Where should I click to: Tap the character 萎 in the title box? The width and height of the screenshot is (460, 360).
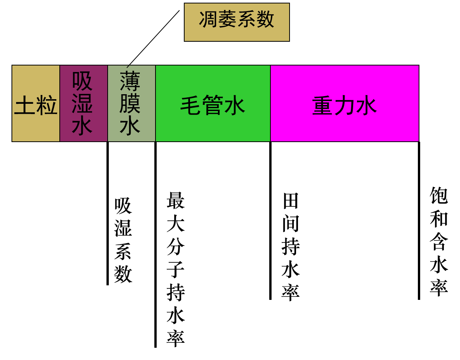tap(227, 20)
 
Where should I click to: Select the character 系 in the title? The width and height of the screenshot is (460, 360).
tap(246, 20)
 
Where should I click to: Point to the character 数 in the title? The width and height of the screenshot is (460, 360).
tap(265, 20)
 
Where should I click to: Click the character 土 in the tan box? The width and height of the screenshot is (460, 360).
tap(25, 106)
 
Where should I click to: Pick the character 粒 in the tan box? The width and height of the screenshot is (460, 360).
tap(47, 106)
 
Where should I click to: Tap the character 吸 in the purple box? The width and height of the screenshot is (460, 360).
tap(82, 81)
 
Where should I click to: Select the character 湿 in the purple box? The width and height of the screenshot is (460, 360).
tap(82, 103)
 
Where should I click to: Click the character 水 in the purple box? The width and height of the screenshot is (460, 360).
tap(82, 126)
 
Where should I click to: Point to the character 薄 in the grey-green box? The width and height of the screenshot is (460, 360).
tap(130, 81)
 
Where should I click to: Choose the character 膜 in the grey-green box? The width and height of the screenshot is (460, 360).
tap(130, 103)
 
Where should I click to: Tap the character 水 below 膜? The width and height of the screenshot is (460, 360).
tap(130, 126)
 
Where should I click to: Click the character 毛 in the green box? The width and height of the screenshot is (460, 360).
tap(190, 106)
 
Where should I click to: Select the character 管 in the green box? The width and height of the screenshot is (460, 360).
tap(213, 106)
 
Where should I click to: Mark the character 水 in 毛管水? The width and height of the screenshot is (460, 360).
tap(234, 106)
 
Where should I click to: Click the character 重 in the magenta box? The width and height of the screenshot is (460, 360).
tap(322, 106)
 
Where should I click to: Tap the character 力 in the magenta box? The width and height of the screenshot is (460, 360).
tap(345, 106)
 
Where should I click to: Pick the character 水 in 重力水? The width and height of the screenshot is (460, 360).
tap(367, 106)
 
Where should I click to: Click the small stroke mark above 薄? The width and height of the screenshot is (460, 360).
tap(129, 67)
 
